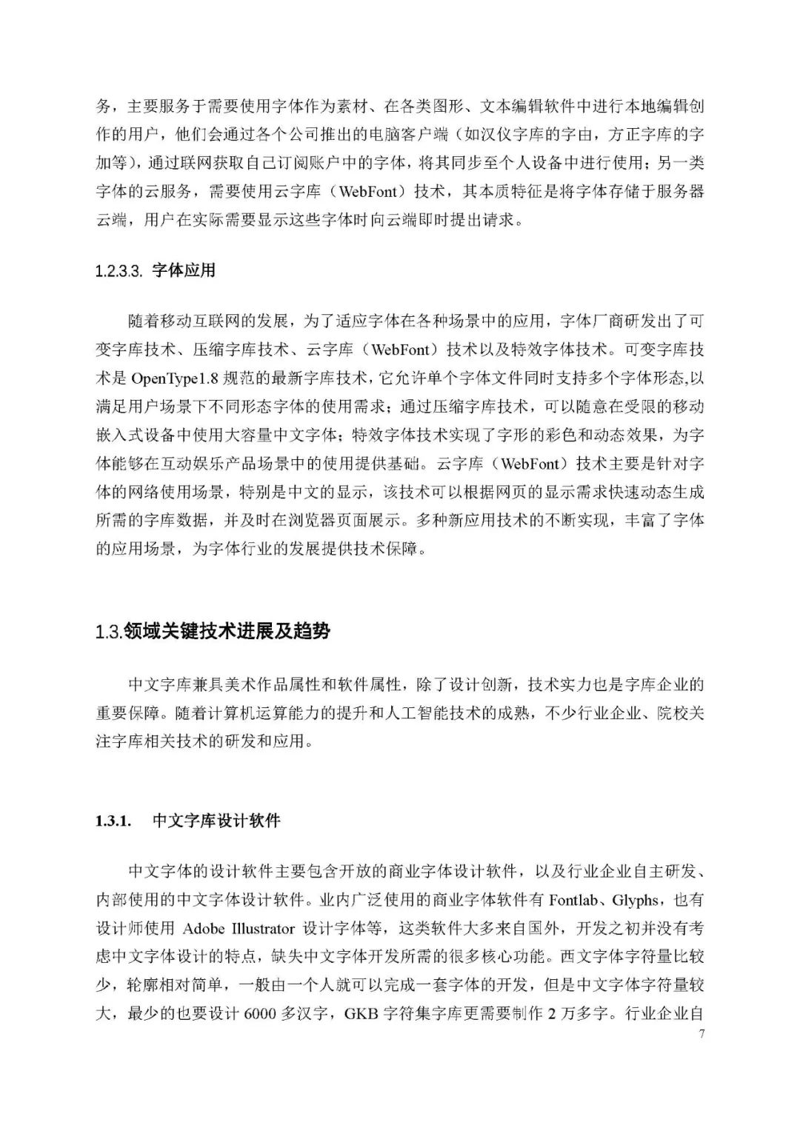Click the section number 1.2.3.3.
tap(119, 271)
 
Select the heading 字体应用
tap(184, 270)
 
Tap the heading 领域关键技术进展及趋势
tap(227, 632)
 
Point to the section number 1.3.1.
tap(113, 821)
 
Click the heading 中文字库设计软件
tap(216, 821)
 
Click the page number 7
tap(701, 1034)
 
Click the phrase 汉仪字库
tap(519, 136)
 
